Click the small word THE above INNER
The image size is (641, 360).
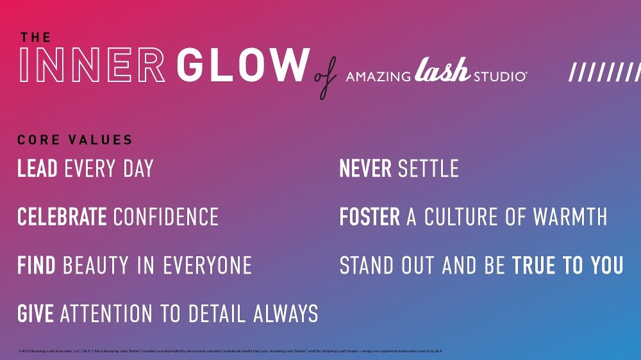point(35,37)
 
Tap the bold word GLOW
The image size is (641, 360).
point(242,65)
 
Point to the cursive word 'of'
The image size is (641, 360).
point(326,79)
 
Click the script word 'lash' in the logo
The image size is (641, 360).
point(442,70)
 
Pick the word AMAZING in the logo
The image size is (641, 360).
point(378,77)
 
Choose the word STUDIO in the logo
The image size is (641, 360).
point(500,77)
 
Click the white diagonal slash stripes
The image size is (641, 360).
point(604,72)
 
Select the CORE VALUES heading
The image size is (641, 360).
point(75,140)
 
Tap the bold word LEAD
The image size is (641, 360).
point(37,169)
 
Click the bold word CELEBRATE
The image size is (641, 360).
point(62,217)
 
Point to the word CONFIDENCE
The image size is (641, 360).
point(166,217)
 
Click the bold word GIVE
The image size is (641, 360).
point(35,313)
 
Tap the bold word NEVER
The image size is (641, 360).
point(365,169)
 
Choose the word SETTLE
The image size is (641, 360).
point(428,169)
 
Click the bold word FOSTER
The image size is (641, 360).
point(369,217)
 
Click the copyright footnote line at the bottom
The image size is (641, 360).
point(231,351)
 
